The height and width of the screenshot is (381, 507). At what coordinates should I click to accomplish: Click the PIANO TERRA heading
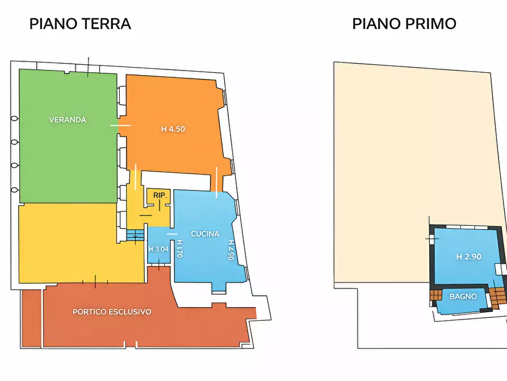point(80,24)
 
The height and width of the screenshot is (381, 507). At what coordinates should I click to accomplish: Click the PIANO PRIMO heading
point(404,24)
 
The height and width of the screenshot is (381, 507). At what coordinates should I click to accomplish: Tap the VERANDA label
point(68,120)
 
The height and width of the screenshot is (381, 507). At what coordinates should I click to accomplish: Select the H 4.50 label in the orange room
point(173,129)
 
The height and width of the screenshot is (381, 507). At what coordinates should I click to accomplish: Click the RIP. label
point(160,196)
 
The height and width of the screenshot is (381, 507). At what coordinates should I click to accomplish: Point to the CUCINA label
point(205,234)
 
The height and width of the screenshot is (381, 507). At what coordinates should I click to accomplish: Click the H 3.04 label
point(158,249)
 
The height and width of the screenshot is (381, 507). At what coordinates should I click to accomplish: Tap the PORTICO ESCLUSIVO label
point(112,312)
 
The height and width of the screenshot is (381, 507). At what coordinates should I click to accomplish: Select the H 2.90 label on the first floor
point(468,257)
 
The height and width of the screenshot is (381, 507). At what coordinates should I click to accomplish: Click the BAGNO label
point(463,297)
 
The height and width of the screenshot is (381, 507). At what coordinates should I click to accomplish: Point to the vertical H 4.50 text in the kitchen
point(232,249)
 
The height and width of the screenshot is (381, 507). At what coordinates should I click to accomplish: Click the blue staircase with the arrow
point(135,234)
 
